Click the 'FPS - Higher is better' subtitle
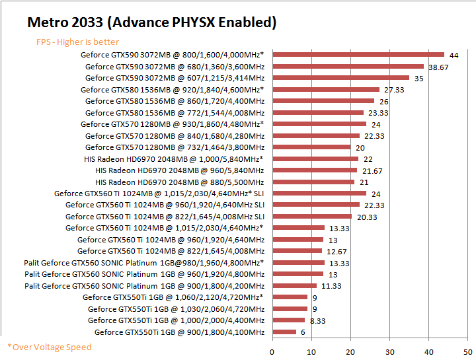tap(77, 42)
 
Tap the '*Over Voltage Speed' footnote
tap(50, 347)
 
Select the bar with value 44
tap(358, 55)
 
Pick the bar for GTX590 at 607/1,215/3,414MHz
tap(340, 78)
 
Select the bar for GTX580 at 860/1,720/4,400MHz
tap(323, 101)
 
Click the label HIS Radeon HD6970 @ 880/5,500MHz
tap(180, 182)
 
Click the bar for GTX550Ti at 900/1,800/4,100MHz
tap(284, 332)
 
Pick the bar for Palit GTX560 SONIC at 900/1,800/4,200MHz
tap(294, 285)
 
